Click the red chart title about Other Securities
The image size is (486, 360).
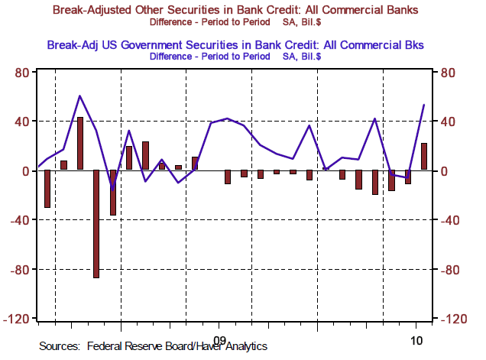pyautogui.click(x=236, y=9)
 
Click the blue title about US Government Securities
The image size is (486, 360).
pyautogui.click(x=235, y=44)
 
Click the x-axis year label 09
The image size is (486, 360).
pyautogui.click(x=220, y=339)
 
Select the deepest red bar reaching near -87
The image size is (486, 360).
pyautogui.click(x=96, y=223)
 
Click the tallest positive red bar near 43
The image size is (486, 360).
pyautogui.click(x=80, y=144)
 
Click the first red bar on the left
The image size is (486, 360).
pyautogui.click(x=47, y=189)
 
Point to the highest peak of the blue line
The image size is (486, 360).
pyautogui.click(x=79, y=96)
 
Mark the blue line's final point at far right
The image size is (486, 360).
pyautogui.click(x=424, y=105)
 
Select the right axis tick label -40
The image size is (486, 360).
pyautogui.click(x=449, y=220)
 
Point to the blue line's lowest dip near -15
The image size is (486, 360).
pyautogui.click(x=112, y=189)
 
